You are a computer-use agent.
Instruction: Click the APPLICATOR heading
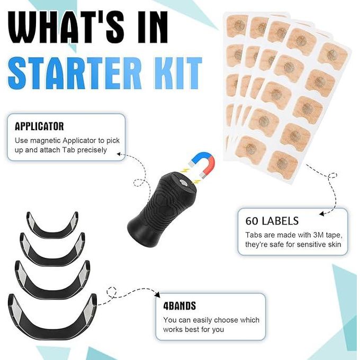(39, 127)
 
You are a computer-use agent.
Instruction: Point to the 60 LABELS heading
(272, 221)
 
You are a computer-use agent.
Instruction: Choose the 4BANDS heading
(179, 306)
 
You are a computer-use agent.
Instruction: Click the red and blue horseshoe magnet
(202, 165)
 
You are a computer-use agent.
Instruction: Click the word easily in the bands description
(202, 320)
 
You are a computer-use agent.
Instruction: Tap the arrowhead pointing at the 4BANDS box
(158, 295)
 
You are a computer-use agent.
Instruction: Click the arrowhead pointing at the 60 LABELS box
(322, 214)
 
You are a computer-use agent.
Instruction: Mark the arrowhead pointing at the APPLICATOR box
(119, 154)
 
